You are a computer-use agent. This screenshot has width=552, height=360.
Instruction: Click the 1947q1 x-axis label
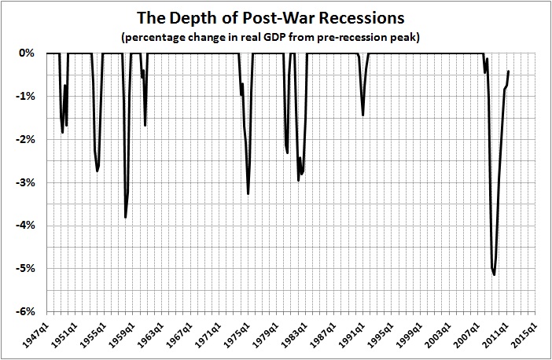coord(37,336)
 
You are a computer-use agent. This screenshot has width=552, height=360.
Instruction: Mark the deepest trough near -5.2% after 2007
coord(494,274)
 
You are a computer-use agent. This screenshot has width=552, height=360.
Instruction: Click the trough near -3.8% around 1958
coord(125,217)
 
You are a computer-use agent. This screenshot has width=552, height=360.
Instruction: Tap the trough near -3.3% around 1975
coord(248,193)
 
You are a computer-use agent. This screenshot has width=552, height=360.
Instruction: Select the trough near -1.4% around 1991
coord(362,115)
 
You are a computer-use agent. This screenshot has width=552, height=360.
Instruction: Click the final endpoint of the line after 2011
coord(509,71)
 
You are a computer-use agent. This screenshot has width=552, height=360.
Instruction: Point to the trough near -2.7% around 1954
coord(97,171)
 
